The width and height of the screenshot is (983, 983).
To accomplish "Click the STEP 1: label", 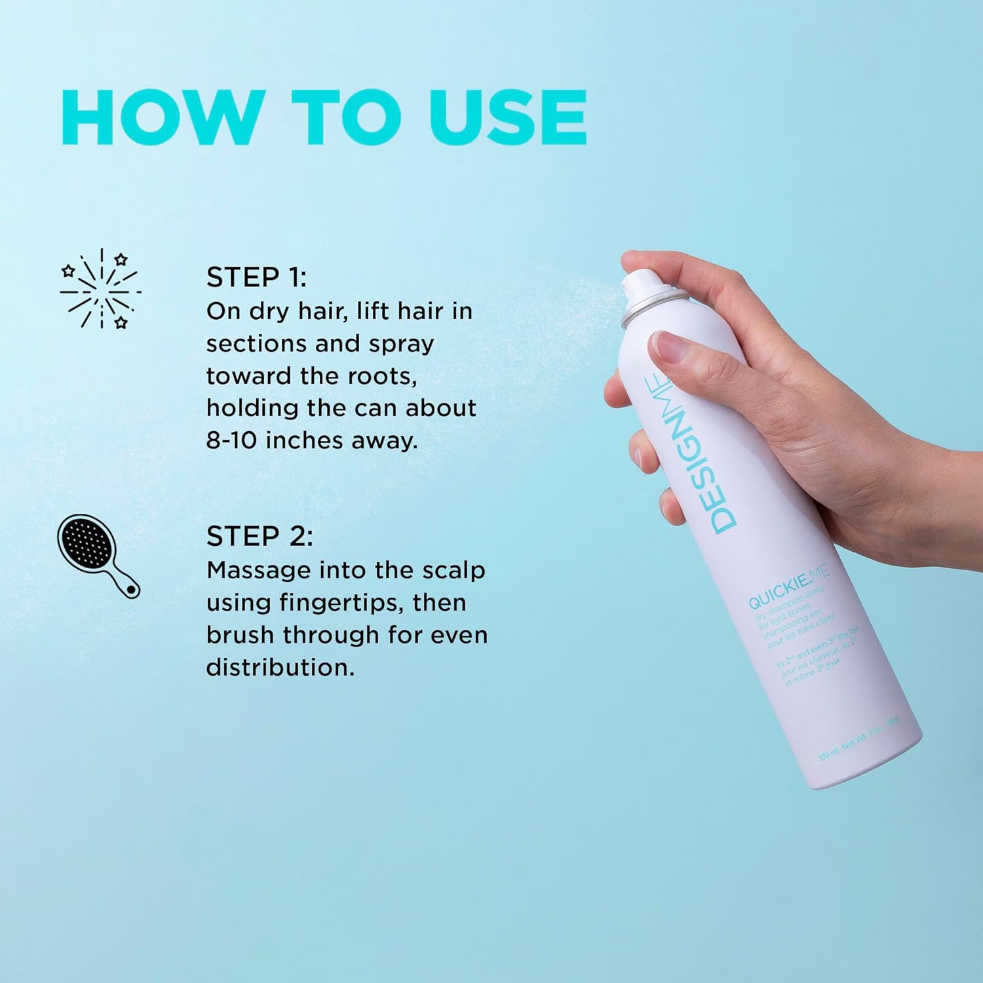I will [256, 278].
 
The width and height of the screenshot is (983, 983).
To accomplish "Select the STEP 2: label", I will [260, 537].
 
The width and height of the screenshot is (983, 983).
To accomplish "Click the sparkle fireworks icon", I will [100, 288].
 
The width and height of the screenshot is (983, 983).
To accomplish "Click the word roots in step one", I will [382, 376].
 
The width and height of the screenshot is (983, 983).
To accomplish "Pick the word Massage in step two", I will [258, 570].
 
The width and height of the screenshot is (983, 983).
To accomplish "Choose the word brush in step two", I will [241, 635].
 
